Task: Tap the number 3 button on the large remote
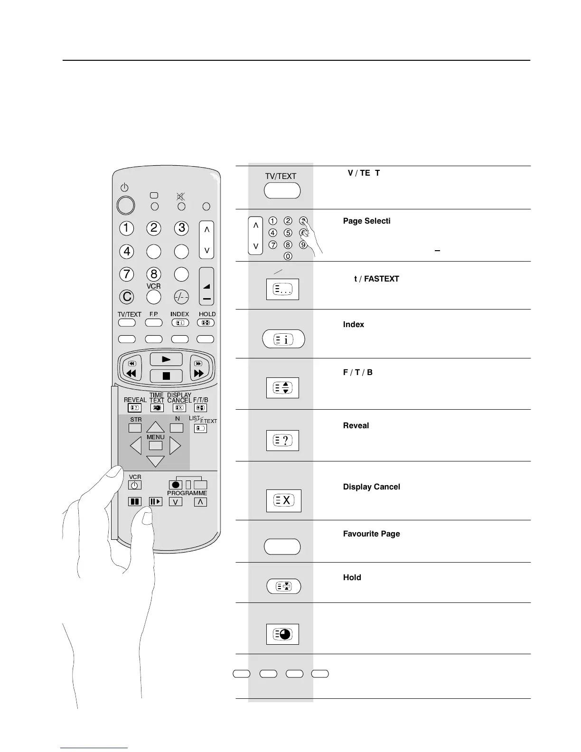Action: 181,228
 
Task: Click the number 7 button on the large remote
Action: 126,274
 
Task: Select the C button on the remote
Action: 127,297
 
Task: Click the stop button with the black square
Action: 166,376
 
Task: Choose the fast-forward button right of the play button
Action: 199,373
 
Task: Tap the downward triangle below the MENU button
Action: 155,461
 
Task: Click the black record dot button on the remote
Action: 175,485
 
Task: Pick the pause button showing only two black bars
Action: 135,502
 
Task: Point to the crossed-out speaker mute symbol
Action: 181,197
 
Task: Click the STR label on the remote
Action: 136,420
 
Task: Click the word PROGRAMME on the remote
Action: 187,493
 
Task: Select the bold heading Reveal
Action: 356,425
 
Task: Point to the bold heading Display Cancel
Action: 371,487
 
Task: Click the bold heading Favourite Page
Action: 371,534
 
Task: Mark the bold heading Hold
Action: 352,577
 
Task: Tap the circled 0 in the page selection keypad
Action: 288,256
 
